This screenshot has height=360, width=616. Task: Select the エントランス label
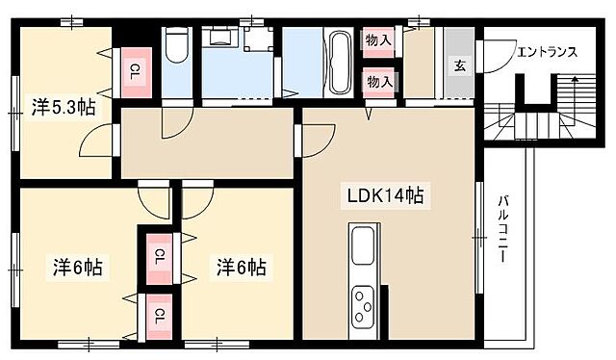pos(547,51)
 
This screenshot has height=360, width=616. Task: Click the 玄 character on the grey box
pos(460,65)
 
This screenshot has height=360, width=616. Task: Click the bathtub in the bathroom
pos(339,61)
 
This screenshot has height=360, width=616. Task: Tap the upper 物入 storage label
pos(378,39)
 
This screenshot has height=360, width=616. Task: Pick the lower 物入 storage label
pos(378,82)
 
